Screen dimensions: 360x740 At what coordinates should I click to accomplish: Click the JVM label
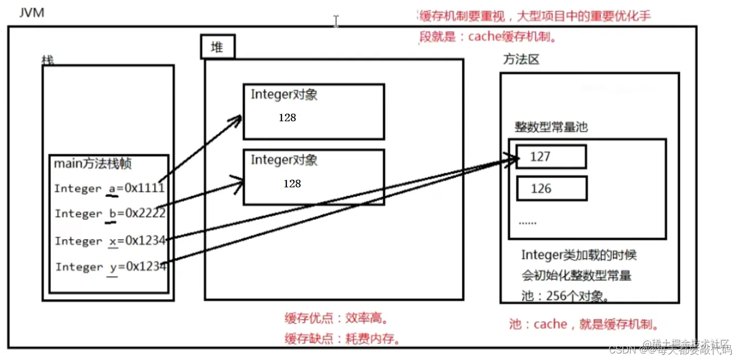(31, 12)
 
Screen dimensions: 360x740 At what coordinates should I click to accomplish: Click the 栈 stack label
(48, 60)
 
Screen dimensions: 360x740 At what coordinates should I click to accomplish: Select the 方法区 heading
(521, 60)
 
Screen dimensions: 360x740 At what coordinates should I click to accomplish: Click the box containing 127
(551, 157)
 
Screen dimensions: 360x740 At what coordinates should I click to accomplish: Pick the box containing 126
(551, 189)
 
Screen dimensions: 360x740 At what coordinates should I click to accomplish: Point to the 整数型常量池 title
(551, 128)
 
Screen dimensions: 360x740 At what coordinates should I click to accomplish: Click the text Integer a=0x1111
(109, 188)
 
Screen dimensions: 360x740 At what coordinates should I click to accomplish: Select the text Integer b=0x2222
(110, 214)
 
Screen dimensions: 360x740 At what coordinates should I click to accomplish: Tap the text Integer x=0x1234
(110, 241)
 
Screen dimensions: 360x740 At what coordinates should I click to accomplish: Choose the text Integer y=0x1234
(110, 267)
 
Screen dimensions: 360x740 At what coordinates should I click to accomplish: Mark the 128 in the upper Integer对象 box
(287, 117)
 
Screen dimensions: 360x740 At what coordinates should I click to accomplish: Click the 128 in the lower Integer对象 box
(292, 184)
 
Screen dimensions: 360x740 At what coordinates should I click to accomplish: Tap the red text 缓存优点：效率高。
(337, 318)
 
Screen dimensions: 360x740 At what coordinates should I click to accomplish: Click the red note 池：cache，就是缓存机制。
(584, 324)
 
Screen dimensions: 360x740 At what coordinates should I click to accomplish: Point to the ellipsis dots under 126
(527, 222)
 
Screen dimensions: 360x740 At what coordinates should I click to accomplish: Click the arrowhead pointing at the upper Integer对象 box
(237, 119)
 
